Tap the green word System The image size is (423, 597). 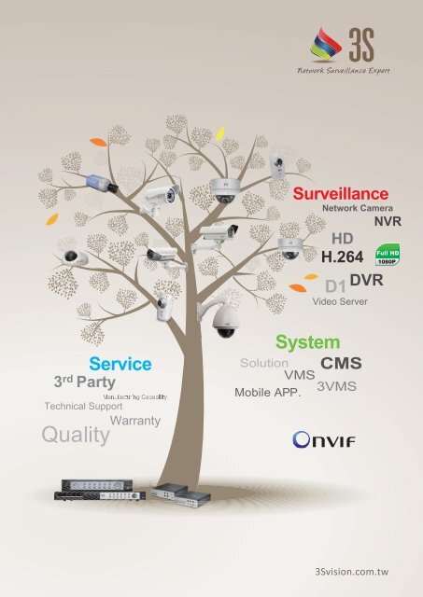[307, 342]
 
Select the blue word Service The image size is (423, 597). [120, 363]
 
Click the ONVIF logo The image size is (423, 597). [323, 439]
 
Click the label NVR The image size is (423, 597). [388, 223]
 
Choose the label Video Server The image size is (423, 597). [340, 302]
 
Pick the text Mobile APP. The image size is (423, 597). [267, 392]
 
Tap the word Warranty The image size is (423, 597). [135, 421]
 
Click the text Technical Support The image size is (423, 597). [83, 408]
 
